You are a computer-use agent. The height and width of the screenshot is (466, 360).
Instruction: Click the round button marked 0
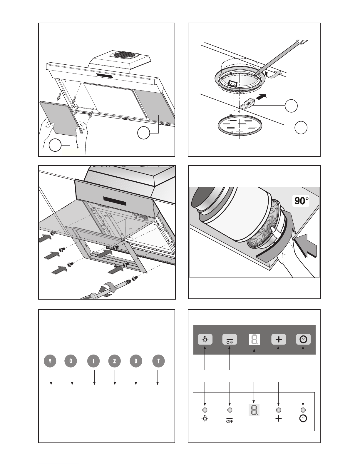(71, 361)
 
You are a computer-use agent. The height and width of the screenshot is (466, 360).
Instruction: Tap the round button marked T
(159, 361)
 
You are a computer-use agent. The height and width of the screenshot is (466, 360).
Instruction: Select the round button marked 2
(115, 361)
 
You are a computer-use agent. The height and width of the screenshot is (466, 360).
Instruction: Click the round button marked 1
(93, 361)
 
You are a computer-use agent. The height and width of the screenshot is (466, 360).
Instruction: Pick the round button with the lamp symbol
(50, 361)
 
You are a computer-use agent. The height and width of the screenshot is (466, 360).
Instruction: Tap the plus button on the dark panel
(279, 340)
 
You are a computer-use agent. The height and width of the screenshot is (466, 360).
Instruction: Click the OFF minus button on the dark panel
(230, 340)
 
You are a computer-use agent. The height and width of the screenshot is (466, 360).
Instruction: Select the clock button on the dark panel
(303, 340)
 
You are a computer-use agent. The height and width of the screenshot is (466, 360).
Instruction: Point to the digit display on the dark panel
(254, 340)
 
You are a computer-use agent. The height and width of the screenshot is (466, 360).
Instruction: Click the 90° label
(301, 201)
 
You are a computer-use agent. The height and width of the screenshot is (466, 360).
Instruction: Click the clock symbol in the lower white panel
(303, 418)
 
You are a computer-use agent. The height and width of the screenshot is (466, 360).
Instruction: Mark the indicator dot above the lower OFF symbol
(230, 410)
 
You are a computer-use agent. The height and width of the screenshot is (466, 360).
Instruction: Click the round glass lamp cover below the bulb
(240, 126)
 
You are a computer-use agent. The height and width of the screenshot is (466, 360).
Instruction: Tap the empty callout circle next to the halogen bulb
(291, 106)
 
